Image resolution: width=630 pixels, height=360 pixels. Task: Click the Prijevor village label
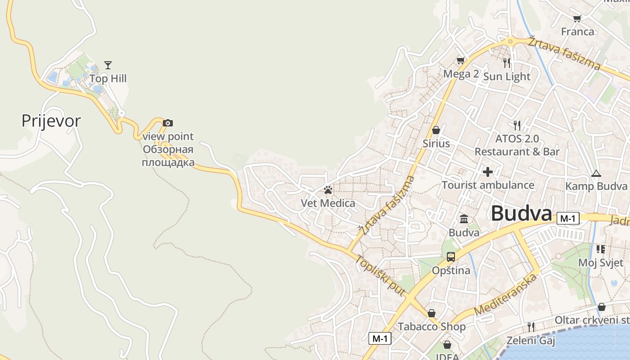tap(51, 121)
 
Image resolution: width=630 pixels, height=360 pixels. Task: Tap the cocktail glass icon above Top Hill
tap(108, 65)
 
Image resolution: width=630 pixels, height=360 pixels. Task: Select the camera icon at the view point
tap(167, 123)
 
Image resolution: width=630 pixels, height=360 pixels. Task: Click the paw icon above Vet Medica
tap(328, 190)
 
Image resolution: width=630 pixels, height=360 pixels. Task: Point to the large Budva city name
tap(521, 213)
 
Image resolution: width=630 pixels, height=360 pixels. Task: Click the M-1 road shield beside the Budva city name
tap(567, 219)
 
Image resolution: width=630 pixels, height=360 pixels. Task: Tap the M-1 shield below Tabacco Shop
tap(380, 338)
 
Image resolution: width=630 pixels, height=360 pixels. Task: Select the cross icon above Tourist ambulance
tap(488, 171)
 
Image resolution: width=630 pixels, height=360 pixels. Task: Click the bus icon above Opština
tap(450, 257)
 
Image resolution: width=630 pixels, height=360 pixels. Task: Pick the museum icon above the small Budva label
tap(464, 219)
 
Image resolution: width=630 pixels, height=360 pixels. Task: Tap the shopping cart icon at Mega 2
tap(460, 60)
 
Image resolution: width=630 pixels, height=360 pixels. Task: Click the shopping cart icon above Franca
tap(577, 18)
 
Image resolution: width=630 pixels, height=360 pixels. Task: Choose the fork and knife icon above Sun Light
tap(507, 63)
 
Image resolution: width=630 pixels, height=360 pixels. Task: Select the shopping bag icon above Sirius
tap(436, 130)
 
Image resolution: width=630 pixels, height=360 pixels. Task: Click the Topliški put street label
tap(380, 275)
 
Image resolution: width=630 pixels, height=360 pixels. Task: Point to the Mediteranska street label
tap(506, 294)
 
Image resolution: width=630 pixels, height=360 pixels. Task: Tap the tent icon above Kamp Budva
tap(596, 173)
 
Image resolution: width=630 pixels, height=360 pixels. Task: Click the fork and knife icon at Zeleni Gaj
tap(531, 327)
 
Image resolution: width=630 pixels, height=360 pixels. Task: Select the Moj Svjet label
tap(600, 263)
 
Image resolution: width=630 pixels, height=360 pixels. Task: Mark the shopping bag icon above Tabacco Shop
tap(431, 313)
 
